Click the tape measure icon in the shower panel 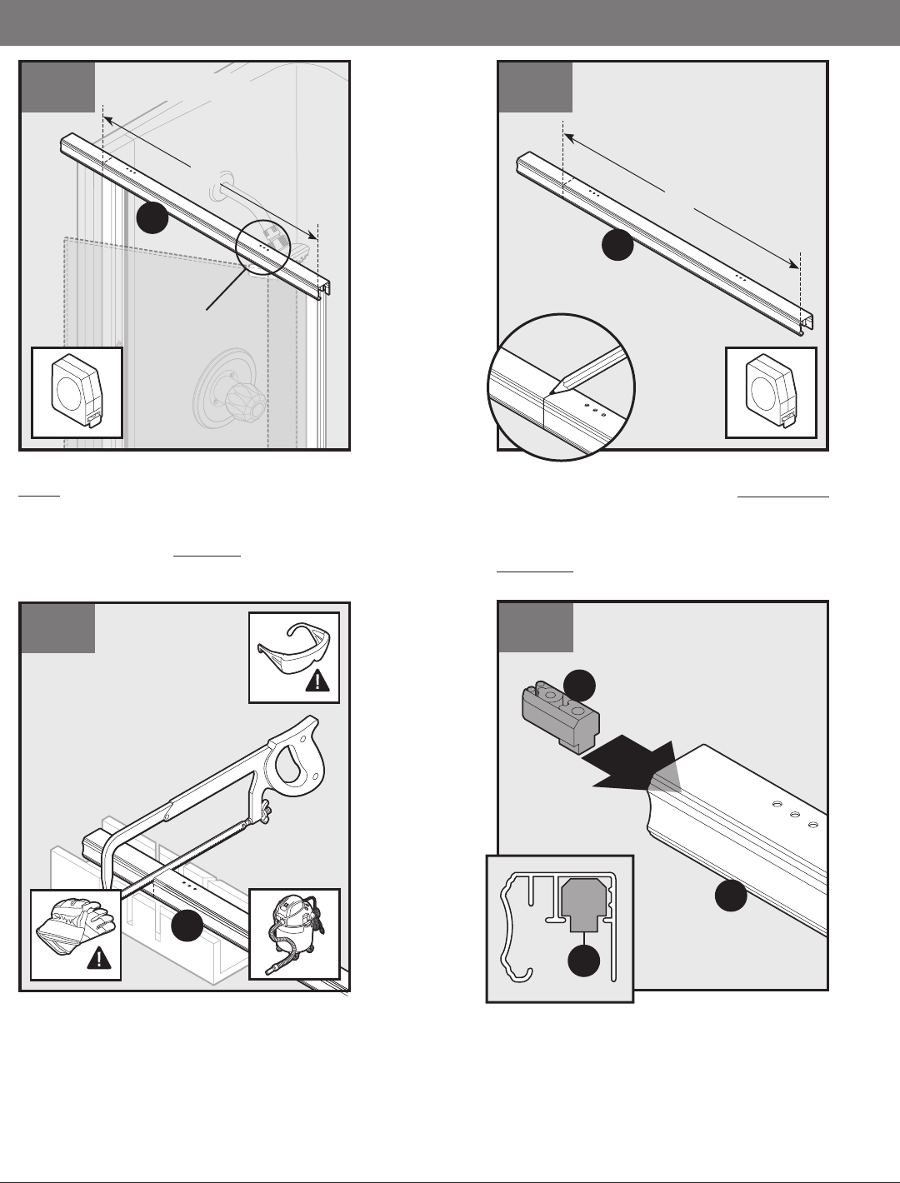(77, 392)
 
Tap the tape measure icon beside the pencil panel (771, 392)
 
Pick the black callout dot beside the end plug (580, 685)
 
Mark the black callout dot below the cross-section (584, 961)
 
